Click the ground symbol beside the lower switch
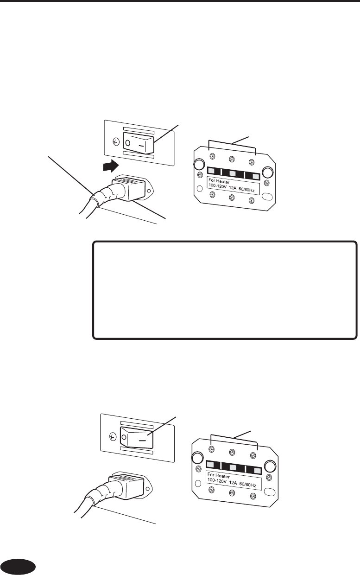tap(111, 436)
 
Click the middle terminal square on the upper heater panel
tap(233, 173)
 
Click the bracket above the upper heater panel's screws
tap(233, 143)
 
